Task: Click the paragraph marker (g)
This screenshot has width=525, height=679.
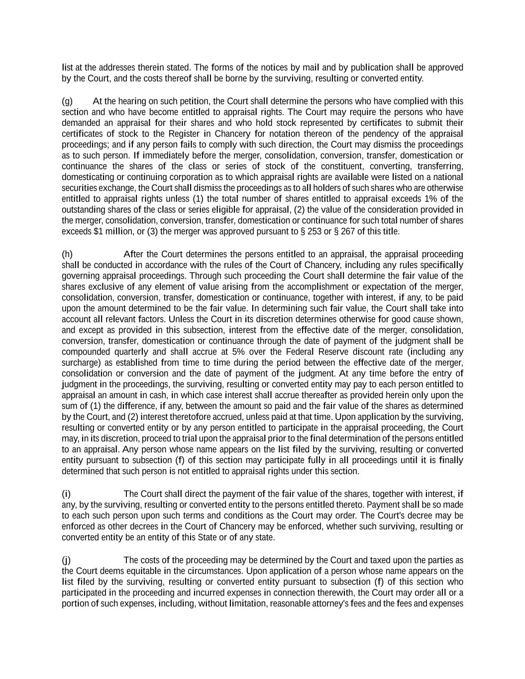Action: (x=67, y=101)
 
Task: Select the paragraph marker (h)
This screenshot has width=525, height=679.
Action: (x=67, y=254)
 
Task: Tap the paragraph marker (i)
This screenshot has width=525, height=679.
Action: (x=66, y=494)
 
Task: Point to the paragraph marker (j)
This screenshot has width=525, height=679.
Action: (x=66, y=560)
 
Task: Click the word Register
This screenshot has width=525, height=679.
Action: (x=184, y=134)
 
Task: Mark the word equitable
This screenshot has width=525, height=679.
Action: (x=146, y=571)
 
